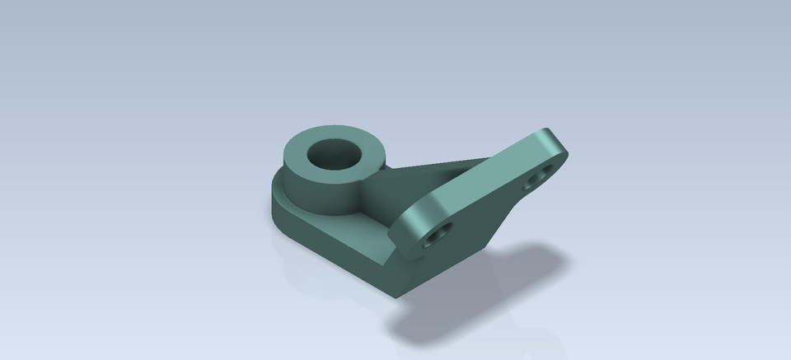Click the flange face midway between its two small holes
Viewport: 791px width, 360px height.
(486, 206)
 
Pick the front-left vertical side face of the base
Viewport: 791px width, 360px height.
(330, 255)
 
